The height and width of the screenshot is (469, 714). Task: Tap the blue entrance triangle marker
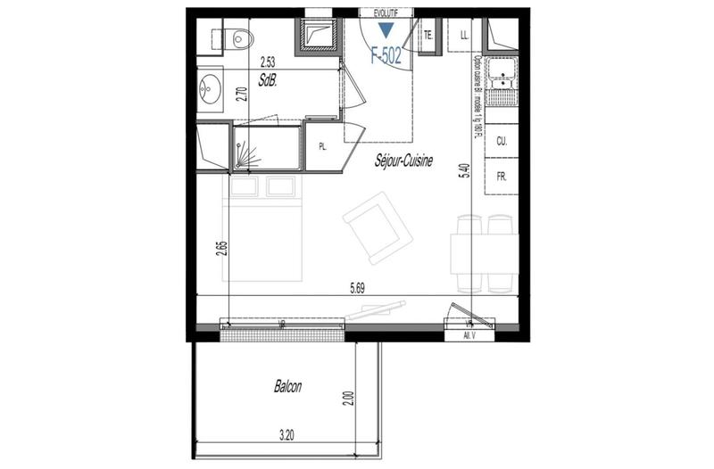(x=386, y=30)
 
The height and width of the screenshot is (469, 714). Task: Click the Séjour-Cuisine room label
(x=404, y=161)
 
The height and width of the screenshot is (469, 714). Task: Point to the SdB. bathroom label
(x=267, y=79)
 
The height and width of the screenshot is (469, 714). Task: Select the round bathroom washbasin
(x=212, y=89)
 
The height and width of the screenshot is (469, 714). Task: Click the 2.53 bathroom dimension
(x=267, y=62)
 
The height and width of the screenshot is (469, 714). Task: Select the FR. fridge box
(x=502, y=177)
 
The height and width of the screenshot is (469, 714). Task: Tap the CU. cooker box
(x=502, y=142)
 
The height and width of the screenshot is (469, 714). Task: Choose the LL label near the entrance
(x=464, y=36)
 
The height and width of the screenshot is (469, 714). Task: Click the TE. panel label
(x=428, y=36)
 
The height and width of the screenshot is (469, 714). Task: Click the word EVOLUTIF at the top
(x=386, y=12)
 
